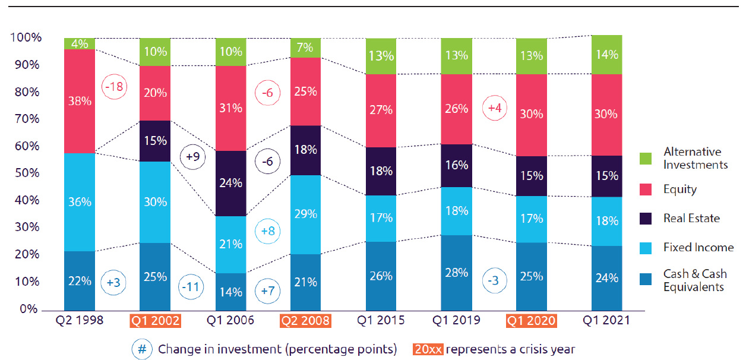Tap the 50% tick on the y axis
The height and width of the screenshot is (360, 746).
(26, 173)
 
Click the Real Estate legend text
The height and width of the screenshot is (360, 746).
(691, 218)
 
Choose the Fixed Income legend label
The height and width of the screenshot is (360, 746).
(698, 247)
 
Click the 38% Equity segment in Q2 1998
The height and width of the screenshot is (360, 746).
(79, 101)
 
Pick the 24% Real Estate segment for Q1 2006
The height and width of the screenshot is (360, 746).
(230, 184)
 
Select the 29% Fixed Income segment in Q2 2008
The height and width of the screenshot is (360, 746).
(305, 214)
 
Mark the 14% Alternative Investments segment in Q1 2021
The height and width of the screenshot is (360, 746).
(607, 55)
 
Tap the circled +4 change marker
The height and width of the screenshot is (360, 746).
(494, 108)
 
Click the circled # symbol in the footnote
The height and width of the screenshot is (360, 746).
(142, 349)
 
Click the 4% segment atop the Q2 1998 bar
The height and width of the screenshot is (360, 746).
(79, 43)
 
